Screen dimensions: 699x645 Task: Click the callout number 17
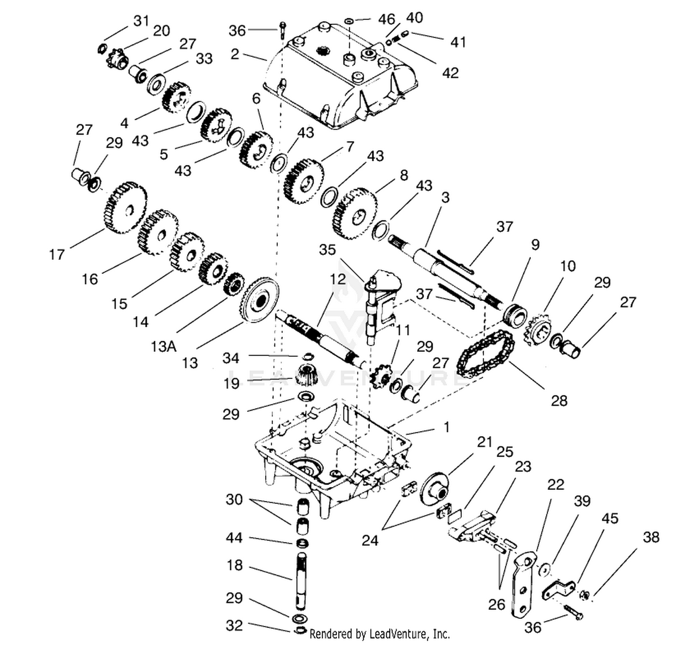[57, 254]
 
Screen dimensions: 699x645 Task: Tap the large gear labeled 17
[126, 208]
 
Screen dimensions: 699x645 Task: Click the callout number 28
[559, 401]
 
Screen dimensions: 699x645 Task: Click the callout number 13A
[163, 347]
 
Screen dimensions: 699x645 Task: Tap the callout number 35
[327, 250]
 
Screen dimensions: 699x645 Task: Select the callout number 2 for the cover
[235, 54]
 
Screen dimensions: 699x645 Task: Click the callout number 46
[386, 20]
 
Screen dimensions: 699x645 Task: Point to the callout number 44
[234, 538]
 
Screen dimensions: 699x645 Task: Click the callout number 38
[651, 537]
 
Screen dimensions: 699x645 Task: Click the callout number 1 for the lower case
[446, 427]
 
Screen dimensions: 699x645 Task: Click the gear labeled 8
[355, 214]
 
